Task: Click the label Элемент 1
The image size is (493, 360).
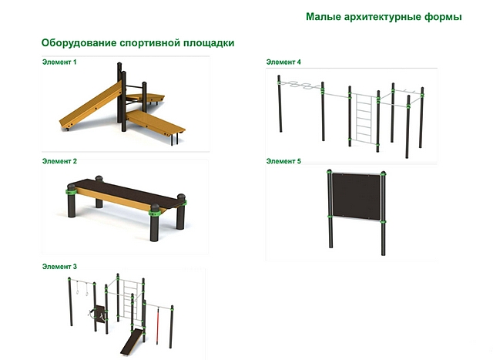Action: coord(59,62)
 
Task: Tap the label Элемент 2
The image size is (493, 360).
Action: coord(59,161)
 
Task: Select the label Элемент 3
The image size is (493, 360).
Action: coord(59,267)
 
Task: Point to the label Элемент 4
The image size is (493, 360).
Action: coord(283,62)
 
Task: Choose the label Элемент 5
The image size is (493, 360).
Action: coord(283,161)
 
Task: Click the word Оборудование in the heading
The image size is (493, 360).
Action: coord(79,43)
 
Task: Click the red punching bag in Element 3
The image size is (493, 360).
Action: coord(158,325)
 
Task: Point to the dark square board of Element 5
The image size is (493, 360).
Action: coord(357,196)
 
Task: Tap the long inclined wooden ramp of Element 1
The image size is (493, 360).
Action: coord(91,106)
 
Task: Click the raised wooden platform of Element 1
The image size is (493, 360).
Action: coord(146,98)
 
